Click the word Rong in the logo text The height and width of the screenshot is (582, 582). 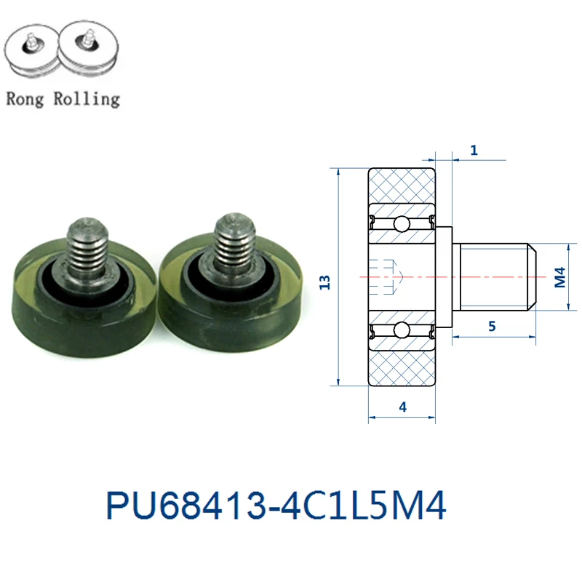(x=25, y=100)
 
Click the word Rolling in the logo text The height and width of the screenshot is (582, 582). (x=87, y=100)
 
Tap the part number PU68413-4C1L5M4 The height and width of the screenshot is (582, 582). (x=276, y=505)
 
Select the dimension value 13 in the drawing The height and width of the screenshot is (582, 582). (x=324, y=282)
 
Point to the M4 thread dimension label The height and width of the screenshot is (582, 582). (x=559, y=277)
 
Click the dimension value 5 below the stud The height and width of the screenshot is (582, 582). (x=492, y=326)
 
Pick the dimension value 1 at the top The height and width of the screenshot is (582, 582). (x=474, y=150)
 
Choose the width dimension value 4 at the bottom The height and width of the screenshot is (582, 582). (x=403, y=407)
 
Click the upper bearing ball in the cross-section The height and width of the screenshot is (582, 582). (x=402, y=224)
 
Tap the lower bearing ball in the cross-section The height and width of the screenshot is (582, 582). (x=402, y=330)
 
